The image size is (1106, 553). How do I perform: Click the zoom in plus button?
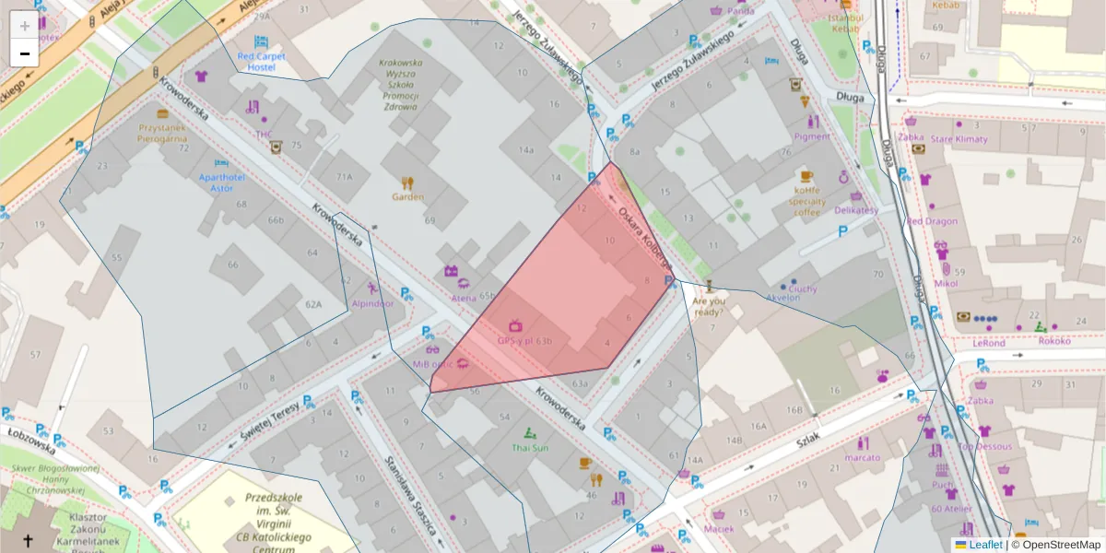pos(25,25)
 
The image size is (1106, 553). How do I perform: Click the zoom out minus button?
pos(25,53)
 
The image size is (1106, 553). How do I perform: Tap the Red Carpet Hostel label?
pos(262,62)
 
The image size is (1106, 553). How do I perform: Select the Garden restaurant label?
pos(407,196)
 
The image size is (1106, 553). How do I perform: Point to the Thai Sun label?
pos(530,448)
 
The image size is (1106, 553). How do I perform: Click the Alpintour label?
pos(372,302)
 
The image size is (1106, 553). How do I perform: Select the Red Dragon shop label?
pos(932,221)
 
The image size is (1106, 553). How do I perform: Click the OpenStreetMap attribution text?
pos(1055,545)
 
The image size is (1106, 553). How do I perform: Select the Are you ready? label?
pos(709,306)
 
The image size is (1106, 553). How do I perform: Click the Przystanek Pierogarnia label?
pos(163,133)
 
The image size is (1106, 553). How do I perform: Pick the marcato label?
pos(863,457)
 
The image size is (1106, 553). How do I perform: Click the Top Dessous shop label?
pos(984,446)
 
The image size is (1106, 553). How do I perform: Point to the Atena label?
pos(464,298)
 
